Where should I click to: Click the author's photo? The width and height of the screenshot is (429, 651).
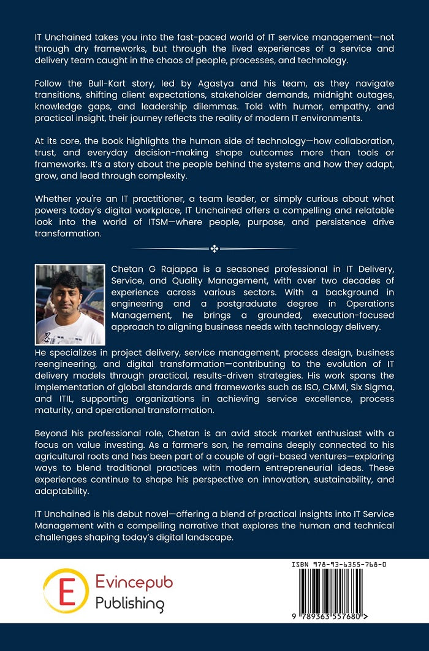click(x=70, y=304)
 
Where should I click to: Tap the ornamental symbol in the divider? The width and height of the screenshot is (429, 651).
click(x=214, y=248)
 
